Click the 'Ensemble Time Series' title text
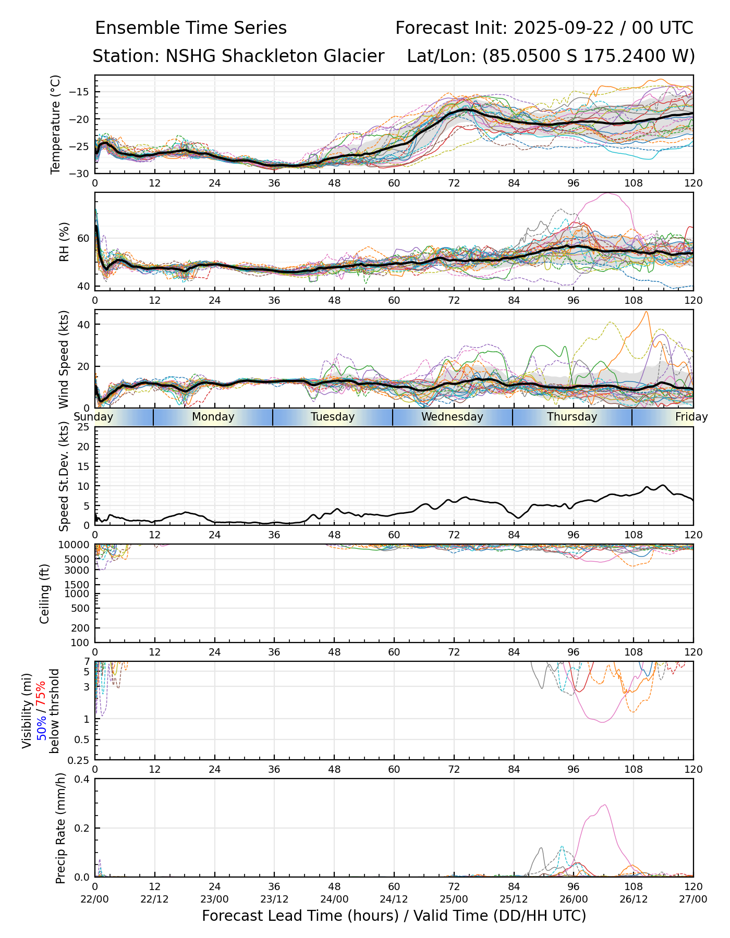pos(191,28)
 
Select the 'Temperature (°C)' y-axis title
pos(56,124)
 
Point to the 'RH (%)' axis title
pos(64,241)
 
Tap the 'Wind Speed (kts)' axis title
pos(64,359)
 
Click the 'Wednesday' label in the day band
pos(452,417)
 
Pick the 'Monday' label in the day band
pos(213,417)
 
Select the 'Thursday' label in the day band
pos(572,417)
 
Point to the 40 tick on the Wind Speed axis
pos(83,324)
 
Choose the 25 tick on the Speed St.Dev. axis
pos(83,427)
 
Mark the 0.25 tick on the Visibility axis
pos(80,760)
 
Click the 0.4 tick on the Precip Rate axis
pos(82,779)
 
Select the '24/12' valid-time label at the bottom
pos(394,899)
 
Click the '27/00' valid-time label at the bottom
pos(693,899)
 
